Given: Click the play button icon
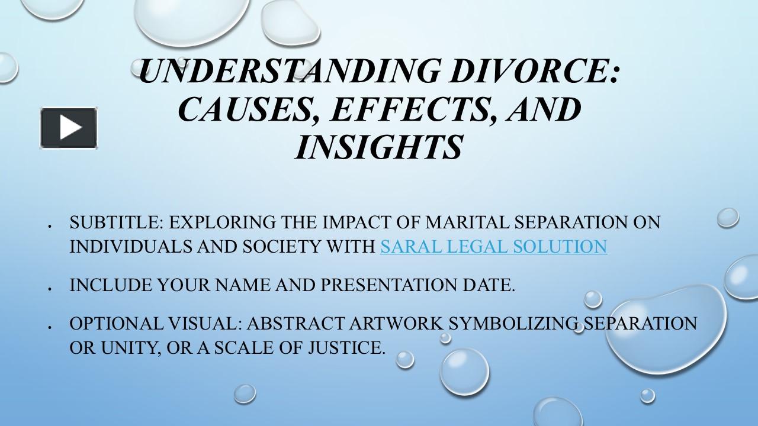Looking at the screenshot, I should [69, 127].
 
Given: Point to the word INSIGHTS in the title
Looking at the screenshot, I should [378, 147].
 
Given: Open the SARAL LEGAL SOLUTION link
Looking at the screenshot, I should [493, 246].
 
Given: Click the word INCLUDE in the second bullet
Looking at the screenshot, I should [111, 285].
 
